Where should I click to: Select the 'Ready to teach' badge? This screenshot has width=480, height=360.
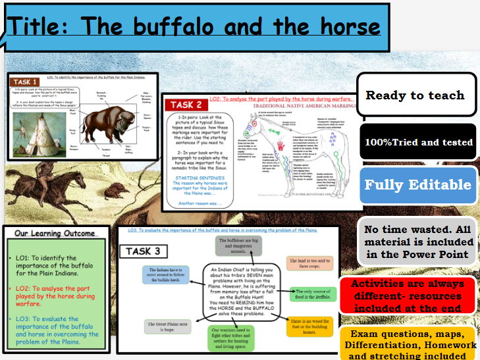click(415, 95)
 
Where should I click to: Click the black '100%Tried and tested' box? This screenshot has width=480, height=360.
click(419, 141)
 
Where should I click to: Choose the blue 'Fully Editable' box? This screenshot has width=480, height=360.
click(418, 185)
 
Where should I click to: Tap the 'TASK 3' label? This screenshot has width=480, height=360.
click(144, 251)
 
